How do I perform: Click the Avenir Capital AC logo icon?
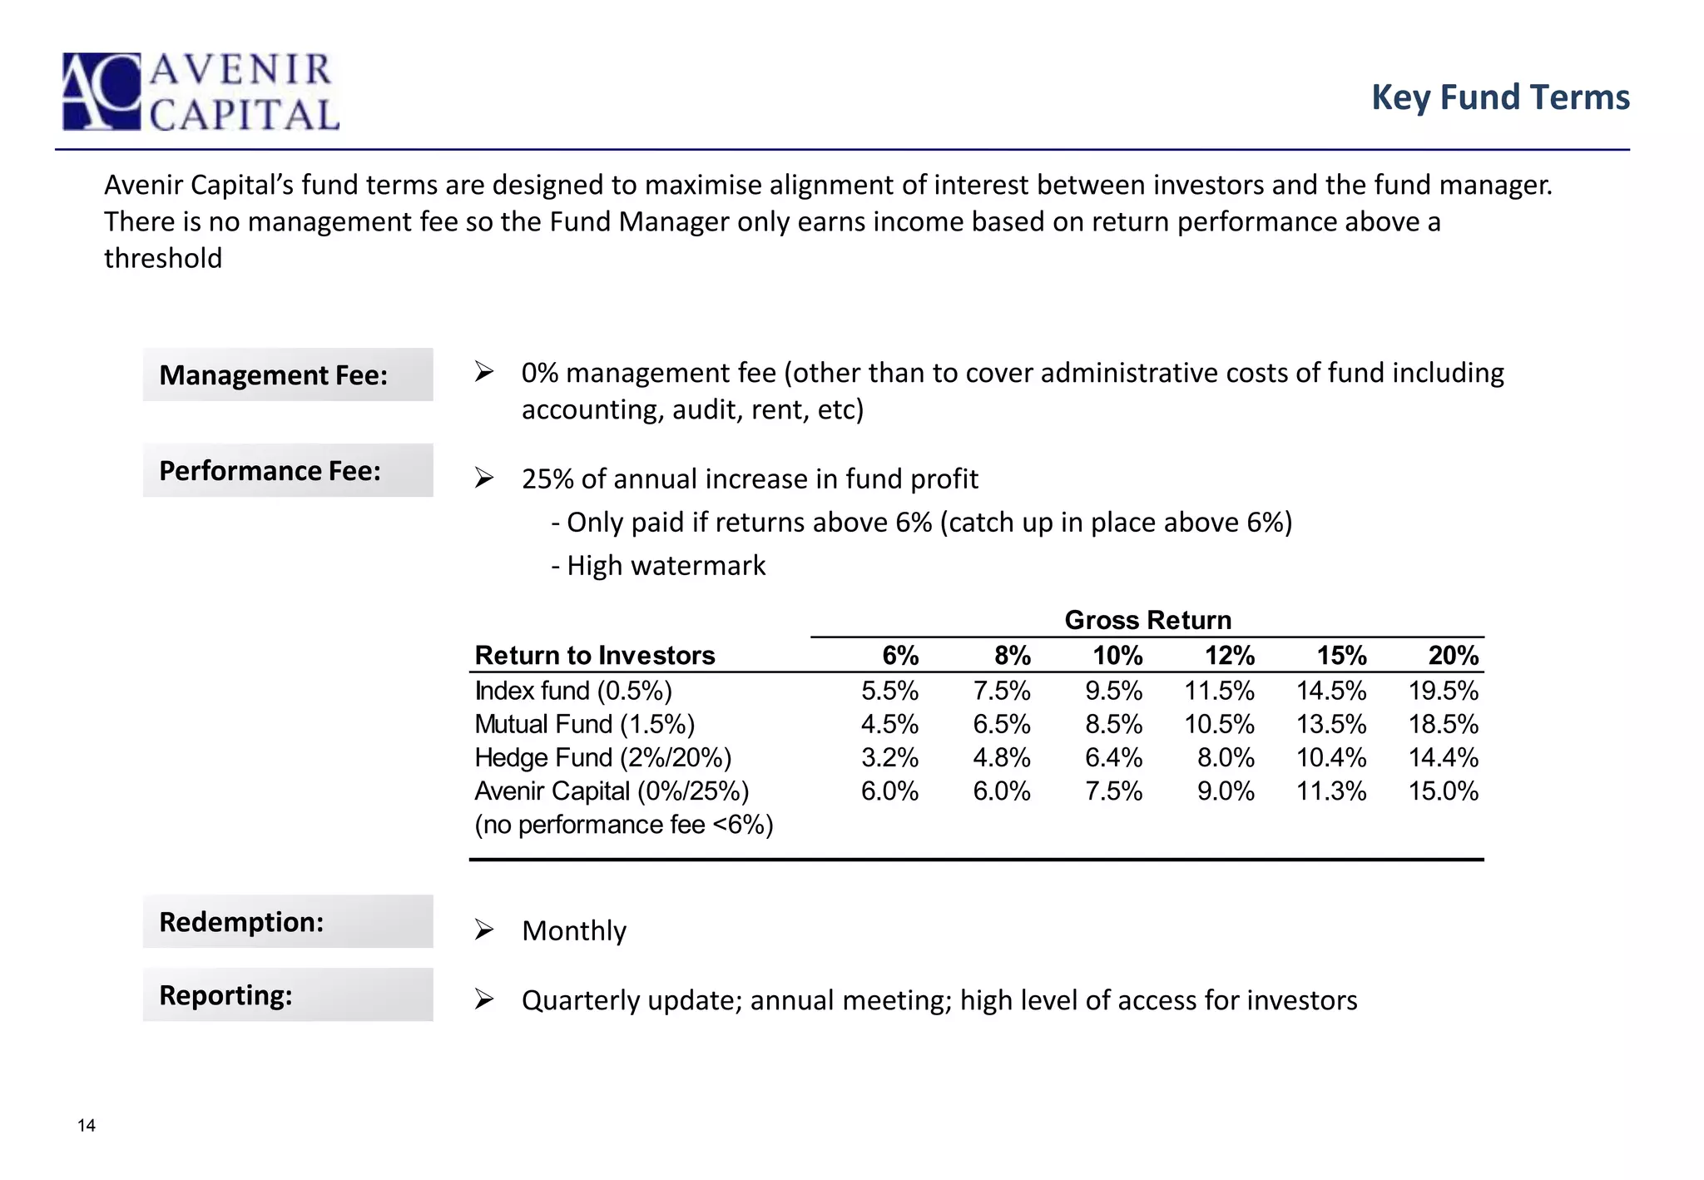(102, 92)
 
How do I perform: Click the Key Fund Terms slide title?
(1499, 97)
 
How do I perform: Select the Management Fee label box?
(288, 374)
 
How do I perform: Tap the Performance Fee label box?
(288, 470)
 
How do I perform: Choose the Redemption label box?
(288, 921)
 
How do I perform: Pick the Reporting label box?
(288, 994)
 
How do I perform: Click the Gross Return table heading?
(1147, 620)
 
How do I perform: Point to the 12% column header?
(1229, 656)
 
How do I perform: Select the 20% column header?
(1453, 656)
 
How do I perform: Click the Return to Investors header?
(594, 656)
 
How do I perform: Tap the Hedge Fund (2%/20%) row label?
(602, 757)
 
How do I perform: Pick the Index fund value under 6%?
(889, 691)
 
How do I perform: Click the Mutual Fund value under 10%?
(1113, 724)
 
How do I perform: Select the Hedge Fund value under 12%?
(1226, 757)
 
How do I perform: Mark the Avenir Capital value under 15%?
(1331, 791)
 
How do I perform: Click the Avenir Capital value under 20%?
(1443, 791)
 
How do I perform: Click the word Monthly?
(574, 930)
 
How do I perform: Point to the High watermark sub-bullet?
(658, 566)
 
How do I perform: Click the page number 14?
(87, 1126)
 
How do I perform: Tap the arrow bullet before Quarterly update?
(484, 999)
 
